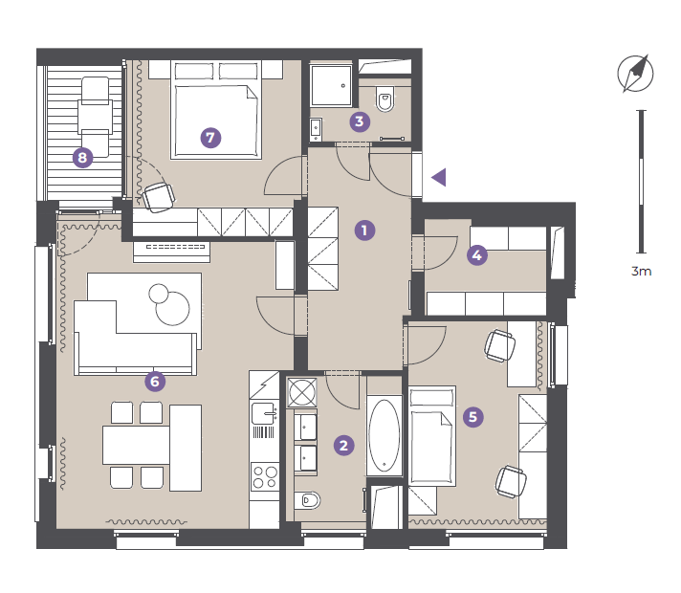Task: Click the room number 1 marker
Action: (x=364, y=231)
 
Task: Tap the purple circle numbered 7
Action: (x=210, y=138)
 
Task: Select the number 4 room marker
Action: (x=477, y=255)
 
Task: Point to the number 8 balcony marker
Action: (x=82, y=157)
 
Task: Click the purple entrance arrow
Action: (x=439, y=177)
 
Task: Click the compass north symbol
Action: (x=635, y=74)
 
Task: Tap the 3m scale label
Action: (x=641, y=271)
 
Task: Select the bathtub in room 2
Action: (x=384, y=435)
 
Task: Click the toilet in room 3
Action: (x=385, y=99)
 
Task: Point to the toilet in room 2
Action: (x=307, y=500)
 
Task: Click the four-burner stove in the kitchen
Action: (x=265, y=477)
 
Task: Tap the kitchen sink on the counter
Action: (x=264, y=413)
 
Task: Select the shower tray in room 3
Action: (x=331, y=85)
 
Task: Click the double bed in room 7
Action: (x=216, y=110)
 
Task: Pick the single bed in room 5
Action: (x=432, y=436)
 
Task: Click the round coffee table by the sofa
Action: (x=172, y=308)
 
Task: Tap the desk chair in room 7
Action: (x=159, y=198)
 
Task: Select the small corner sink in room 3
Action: (x=316, y=129)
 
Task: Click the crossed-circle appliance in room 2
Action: (x=302, y=392)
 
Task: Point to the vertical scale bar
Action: (x=642, y=182)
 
